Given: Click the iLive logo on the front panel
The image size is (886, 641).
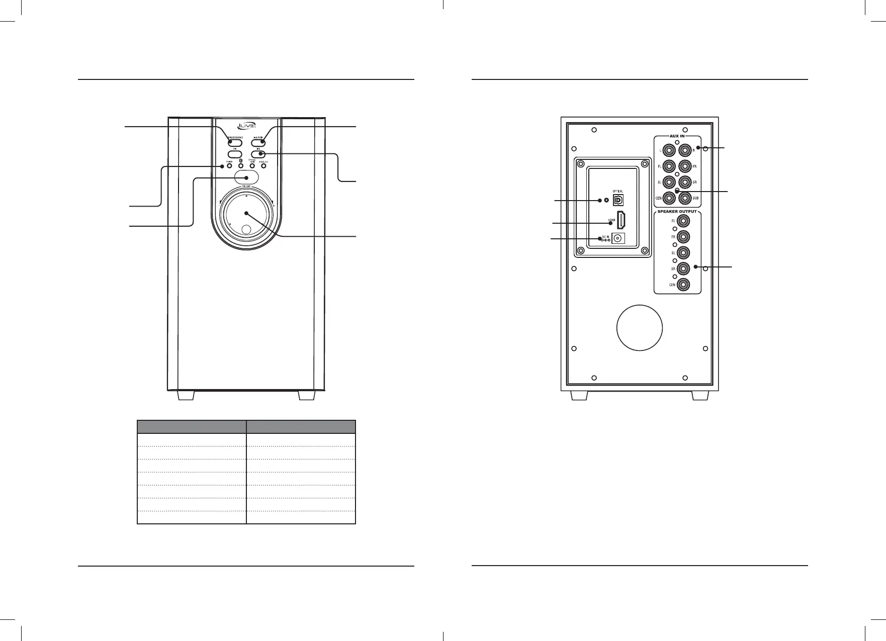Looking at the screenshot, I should [246, 127].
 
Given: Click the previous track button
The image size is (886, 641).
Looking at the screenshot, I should [235, 154].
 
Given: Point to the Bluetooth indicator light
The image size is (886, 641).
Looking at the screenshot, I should [241, 166].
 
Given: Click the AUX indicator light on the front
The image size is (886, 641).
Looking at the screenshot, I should [263, 166].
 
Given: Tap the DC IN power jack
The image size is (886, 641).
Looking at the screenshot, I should [618, 239].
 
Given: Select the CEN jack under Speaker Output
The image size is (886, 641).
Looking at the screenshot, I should [683, 285].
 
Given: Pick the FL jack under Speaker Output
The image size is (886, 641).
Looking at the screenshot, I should [683, 220].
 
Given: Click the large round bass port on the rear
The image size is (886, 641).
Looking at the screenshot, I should [640, 327].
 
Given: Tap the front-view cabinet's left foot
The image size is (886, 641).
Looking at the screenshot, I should [186, 396].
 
